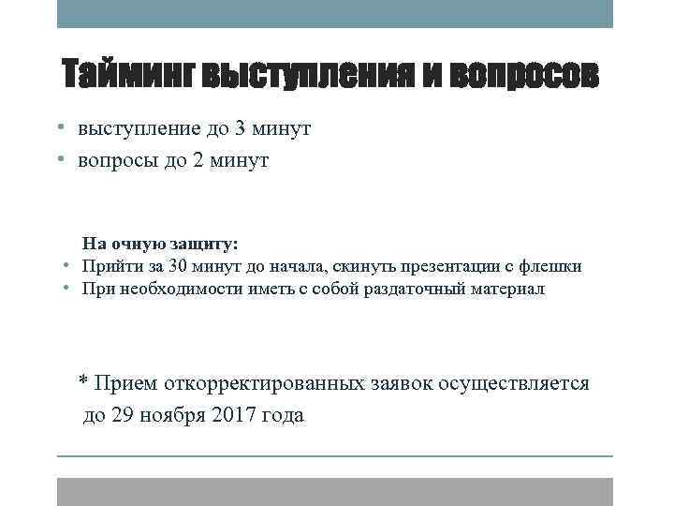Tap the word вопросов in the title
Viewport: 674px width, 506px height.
point(523,77)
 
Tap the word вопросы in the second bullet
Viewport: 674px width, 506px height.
point(113,160)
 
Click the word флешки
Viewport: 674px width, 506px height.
point(553,266)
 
